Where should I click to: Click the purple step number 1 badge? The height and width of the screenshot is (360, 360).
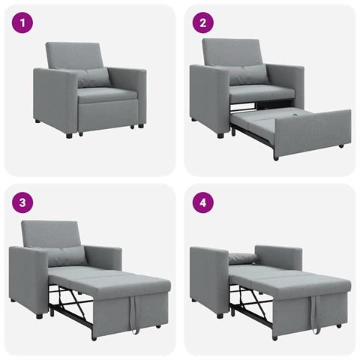[26, 22]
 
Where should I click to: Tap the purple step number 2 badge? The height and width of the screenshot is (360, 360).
[202, 22]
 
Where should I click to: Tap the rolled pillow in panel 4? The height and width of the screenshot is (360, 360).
[243, 258]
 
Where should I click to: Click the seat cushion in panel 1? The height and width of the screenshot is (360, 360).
[105, 94]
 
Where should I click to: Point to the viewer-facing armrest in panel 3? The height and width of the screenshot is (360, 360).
[28, 274]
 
